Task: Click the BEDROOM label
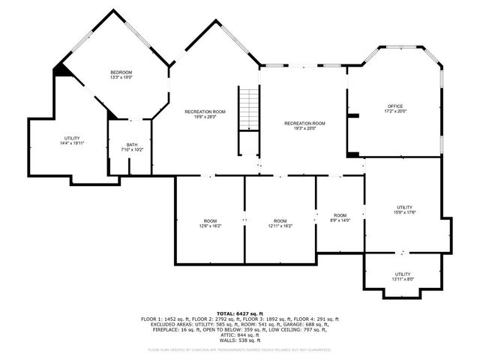[x=121, y=72]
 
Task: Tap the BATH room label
[x=132, y=145]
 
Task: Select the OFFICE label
[x=396, y=106]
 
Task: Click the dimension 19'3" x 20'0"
[x=304, y=128]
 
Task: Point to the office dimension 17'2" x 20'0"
[x=396, y=112]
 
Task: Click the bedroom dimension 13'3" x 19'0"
[x=121, y=77]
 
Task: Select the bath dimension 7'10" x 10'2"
[x=132, y=150]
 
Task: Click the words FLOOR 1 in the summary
[x=152, y=319]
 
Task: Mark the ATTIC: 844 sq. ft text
[x=240, y=334]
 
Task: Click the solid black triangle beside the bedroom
[x=61, y=70]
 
